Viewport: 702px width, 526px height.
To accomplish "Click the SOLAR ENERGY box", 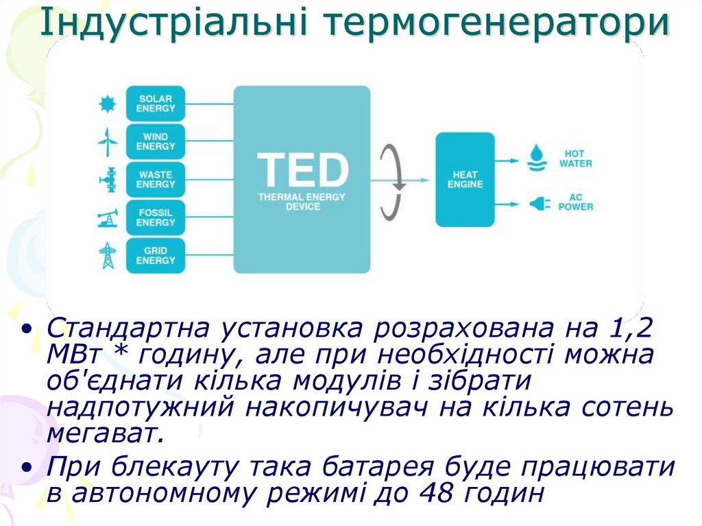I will [x=156, y=104].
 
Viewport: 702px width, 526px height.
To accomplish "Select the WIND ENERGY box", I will [x=156, y=142].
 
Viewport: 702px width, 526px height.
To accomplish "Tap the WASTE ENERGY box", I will [x=156, y=180].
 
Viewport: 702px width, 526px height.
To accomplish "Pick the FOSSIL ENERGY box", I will [x=156, y=218].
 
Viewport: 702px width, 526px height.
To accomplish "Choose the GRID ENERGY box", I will [x=156, y=256].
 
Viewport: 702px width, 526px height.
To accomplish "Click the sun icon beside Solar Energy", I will [x=107, y=104].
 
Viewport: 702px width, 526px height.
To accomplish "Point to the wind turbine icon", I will [x=107, y=142].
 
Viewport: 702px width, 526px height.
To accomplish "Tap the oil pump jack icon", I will [x=107, y=219].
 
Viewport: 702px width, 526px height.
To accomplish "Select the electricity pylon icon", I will [x=107, y=256].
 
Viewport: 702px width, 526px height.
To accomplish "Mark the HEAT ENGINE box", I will [x=465, y=180].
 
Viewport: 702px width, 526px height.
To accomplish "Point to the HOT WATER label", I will [x=575, y=158].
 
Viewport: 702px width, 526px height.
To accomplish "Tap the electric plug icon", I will [x=536, y=203].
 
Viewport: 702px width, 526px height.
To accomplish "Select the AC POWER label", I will [x=575, y=202].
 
